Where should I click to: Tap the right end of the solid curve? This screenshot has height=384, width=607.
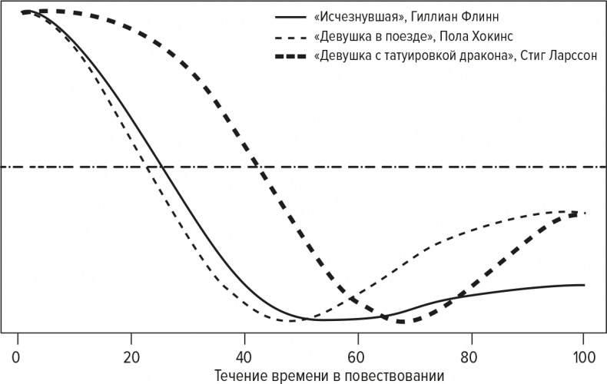pos(585,285)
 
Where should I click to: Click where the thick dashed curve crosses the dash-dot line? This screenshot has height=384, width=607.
pos(259,167)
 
